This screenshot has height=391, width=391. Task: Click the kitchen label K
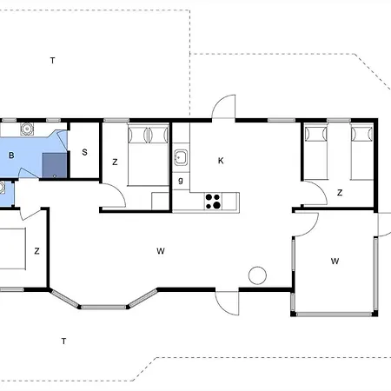coord(221,161)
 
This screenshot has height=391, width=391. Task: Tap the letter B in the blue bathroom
coord(11,156)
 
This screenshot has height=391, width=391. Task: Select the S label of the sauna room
coord(84,152)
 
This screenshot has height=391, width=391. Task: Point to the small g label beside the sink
coord(181,181)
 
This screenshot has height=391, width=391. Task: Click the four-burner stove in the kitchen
coord(213,202)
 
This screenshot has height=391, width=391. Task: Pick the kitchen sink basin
coord(181,157)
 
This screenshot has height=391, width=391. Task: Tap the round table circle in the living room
coord(257,275)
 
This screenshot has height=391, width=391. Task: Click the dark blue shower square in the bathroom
coord(55,165)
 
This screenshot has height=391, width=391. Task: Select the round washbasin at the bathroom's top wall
coord(27,129)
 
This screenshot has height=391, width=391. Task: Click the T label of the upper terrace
coord(52,61)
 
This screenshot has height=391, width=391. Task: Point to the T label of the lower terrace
coord(63,341)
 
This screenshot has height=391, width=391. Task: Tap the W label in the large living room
coord(161,251)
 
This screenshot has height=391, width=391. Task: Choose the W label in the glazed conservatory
coord(335,262)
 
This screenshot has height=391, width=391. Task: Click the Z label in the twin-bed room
coord(340,193)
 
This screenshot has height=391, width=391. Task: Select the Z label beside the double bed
coord(115,162)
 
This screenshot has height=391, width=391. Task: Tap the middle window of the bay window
coord(103,307)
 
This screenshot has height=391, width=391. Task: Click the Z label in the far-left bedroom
coord(36,251)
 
